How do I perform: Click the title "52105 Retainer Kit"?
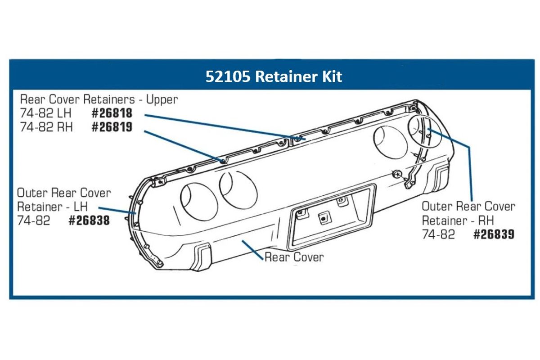pos(274,76)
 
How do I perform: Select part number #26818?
pos(112,113)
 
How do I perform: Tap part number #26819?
pos(112,127)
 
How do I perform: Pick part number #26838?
pos(89,220)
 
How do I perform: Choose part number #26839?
pos(494,234)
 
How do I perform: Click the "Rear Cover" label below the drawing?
pos(294,257)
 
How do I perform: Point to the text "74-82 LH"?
pos(45,113)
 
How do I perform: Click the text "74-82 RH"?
pos(46,127)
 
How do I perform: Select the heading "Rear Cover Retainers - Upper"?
pos(99,99)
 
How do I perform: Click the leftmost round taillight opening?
pos(199,202)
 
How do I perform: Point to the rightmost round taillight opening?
pos(425,131)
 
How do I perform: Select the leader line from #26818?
pos(225,127)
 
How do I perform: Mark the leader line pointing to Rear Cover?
pos(252,250)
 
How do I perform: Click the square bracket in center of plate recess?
pos(324,218)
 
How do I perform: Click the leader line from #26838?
pos(117,211)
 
